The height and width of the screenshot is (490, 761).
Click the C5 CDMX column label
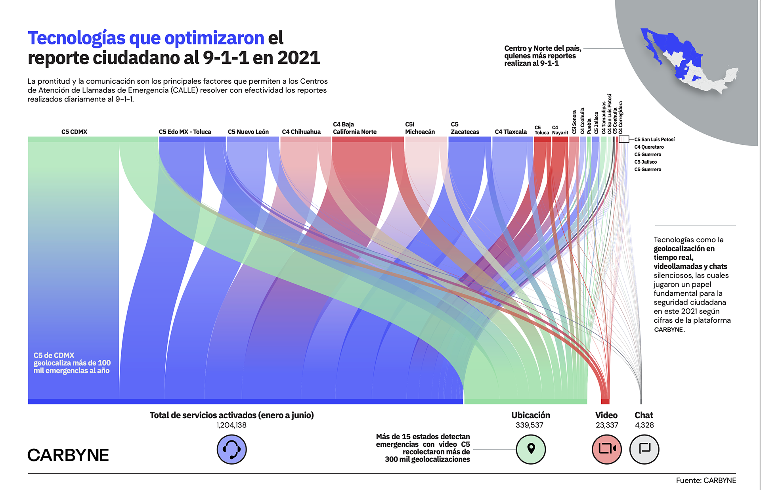74,132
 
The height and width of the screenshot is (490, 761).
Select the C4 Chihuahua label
301,132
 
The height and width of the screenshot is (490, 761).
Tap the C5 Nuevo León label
248,132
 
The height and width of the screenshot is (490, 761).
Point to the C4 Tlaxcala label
511,132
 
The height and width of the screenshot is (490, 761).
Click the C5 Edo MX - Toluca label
185,132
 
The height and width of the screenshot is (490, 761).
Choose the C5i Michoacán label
420,128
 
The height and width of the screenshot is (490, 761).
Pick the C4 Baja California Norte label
354,128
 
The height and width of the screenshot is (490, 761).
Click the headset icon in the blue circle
231,449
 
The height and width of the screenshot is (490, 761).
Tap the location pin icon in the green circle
531,449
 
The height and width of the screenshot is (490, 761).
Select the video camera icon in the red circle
606,449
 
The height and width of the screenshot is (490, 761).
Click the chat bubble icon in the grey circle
644,449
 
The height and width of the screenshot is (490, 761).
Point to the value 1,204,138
231,425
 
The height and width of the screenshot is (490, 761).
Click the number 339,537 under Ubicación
529,425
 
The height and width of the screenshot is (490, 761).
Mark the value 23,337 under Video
606,425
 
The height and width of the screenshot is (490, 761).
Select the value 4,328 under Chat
644,425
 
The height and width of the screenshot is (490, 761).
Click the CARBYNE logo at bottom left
68,455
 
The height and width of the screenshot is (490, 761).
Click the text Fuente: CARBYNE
706,480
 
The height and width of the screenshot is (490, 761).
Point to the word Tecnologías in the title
76,38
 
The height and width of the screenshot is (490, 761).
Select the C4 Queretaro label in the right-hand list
649,147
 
